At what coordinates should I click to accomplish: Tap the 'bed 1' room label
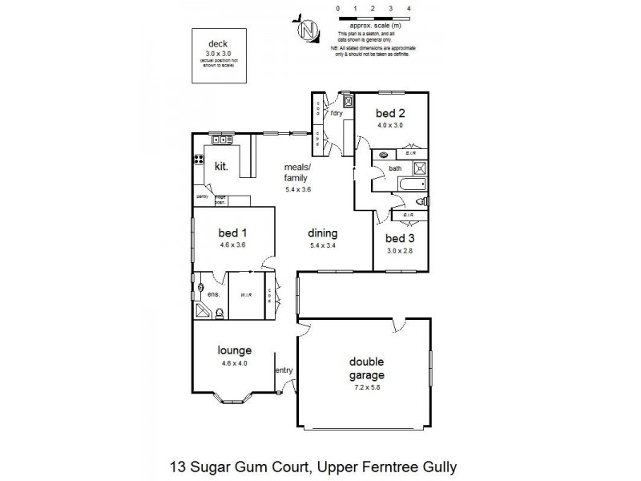pos(232,233)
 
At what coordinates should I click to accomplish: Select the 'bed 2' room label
pos(389,114)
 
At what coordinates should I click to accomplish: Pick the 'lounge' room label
pos(235,350)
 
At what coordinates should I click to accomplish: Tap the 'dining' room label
pos(323,233)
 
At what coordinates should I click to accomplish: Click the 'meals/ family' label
pos(297,173)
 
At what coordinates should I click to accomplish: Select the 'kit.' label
pos(222,166)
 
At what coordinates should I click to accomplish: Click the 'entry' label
pos(284,370)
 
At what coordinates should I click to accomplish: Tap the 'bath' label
pos(395,168)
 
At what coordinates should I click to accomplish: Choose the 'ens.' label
pos(213,295)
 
